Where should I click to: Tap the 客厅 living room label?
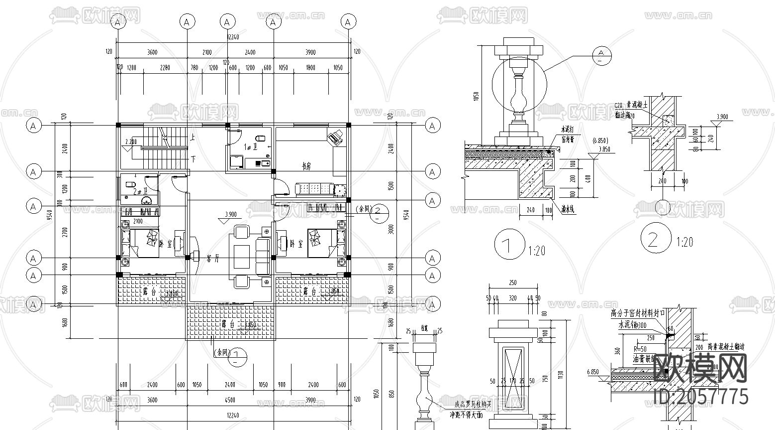coord(210,259)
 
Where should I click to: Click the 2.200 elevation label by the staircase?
coord(131,142)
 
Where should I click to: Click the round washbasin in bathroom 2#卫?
coord(147,201)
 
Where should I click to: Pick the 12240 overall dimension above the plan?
coord(233,37)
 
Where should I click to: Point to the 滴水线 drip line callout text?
coord(565,210)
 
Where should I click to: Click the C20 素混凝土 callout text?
coord(631,106)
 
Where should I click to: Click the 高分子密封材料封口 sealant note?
coord(638,313)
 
